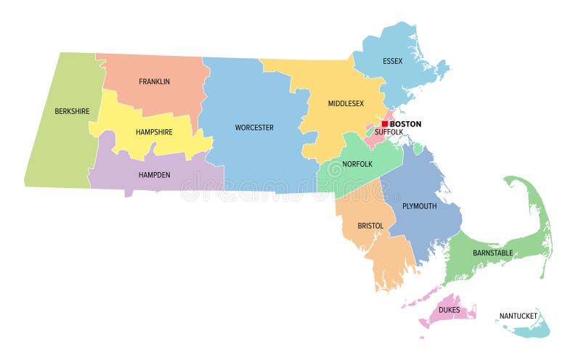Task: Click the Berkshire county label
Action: [x=71, y=112]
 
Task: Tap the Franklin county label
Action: [x=154, y=82]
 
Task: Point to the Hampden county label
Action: [x=153, y=175]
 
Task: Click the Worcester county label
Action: [x=253, y=128]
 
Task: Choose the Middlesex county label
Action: [x=345, y=104]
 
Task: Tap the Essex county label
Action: [x=393, y=61]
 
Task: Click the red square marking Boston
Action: [x=385, y=123]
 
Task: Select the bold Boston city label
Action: [x=405, y=124]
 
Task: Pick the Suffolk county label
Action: [x=389, y=132]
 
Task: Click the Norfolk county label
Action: [x=358, y=164]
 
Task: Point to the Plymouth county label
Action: [x=420, y=206]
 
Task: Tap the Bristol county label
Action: [x=370, y=226]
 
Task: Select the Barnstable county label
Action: [x=492, y=253]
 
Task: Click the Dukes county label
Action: [x=449, y=310]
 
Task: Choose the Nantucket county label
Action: [x=519, y=316]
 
